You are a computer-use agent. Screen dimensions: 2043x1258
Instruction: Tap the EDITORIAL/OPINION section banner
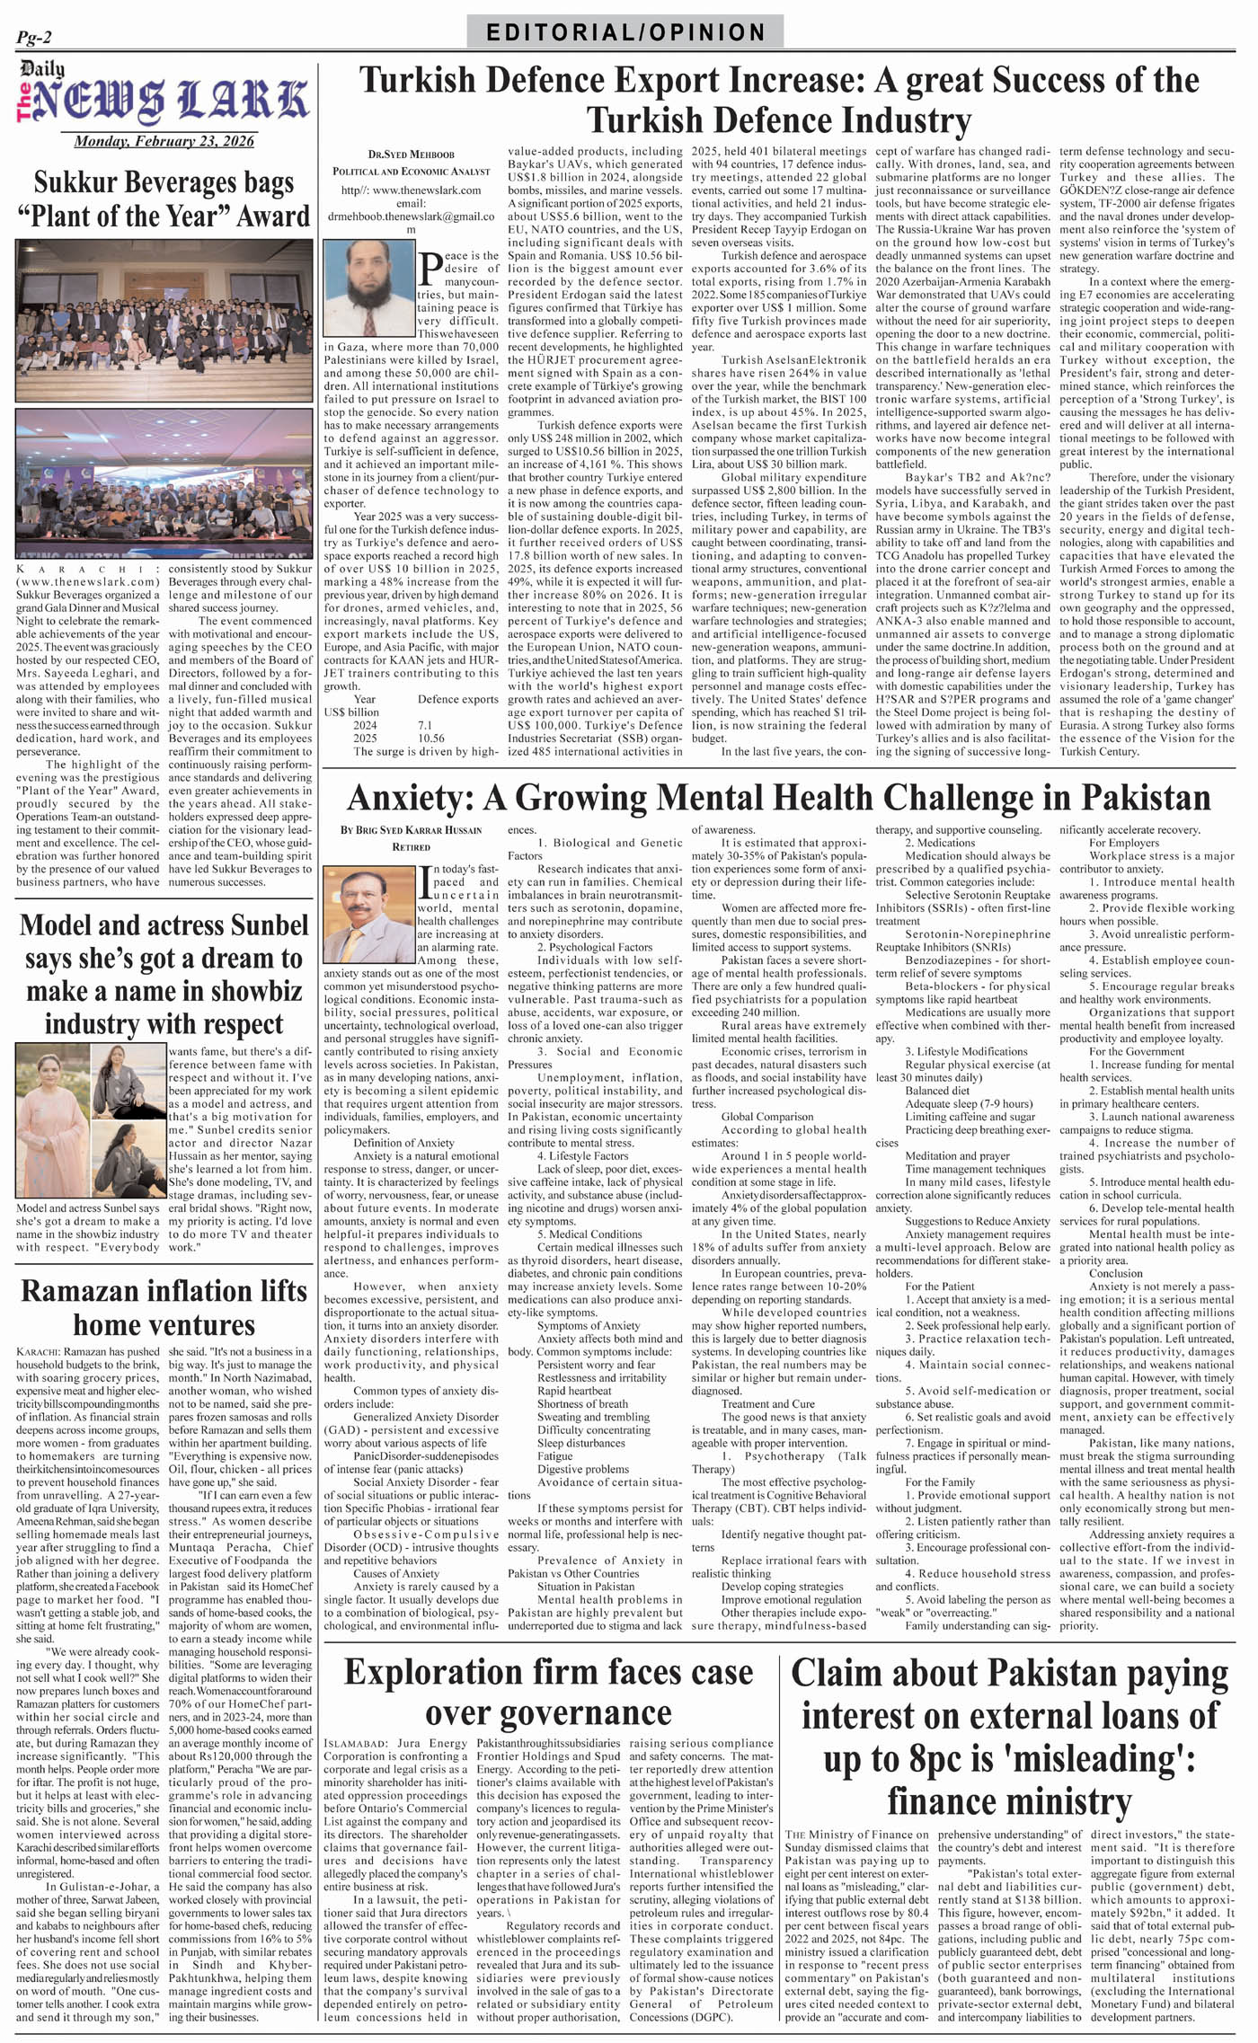click(x=625, y=32)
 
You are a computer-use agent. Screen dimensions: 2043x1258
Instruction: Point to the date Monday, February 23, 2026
click(x=164, y=141)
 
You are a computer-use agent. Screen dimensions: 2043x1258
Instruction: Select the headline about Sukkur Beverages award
click(x=164, y=199)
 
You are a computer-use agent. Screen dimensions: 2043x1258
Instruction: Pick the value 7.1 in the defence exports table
click(x=425, y=725)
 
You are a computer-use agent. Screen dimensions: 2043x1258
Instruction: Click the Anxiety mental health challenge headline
click(x=778, y=797)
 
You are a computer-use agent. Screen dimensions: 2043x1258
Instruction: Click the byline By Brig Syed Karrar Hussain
click(x=411, y=830)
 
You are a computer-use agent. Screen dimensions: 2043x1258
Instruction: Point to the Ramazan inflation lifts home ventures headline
click(x=164, y=1307)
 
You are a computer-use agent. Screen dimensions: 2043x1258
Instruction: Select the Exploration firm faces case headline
click(x=548, y=1692)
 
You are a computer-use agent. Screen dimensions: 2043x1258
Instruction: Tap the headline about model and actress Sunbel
click(x=164, y=975)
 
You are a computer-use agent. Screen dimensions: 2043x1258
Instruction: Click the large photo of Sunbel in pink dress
click(x=53, y=1122)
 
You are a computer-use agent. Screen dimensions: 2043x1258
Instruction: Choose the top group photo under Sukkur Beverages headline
click(x=164, y=320)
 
